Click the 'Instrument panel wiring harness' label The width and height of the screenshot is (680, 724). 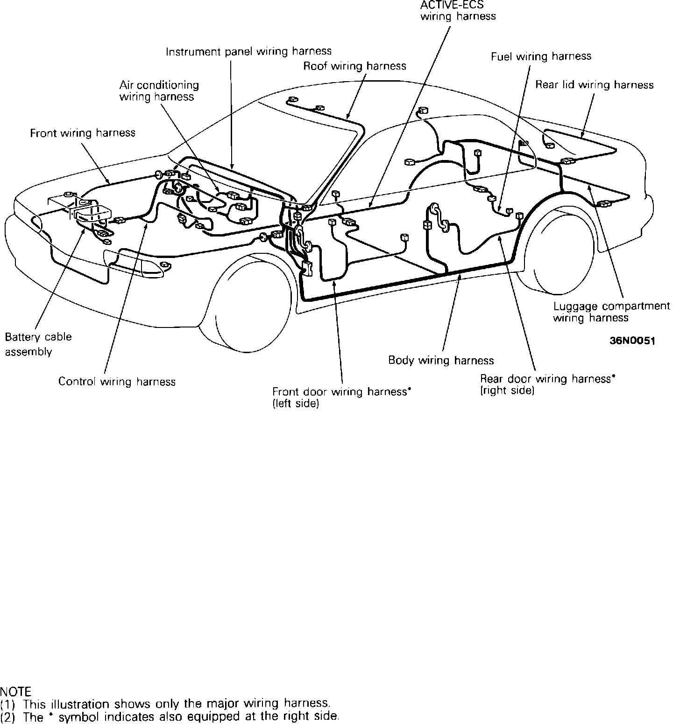click(248, 51)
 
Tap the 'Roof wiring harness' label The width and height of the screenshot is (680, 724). click(354, 66)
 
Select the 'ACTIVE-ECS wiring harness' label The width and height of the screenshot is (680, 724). click(458, 11)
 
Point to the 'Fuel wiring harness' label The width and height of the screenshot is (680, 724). click(541, 56)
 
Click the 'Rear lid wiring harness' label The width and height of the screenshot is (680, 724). click(594, 85)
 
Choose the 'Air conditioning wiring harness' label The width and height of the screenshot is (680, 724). click(159, 91)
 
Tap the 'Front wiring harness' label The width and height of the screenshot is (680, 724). click(83, 133)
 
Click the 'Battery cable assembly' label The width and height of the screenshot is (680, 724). click(38, 344)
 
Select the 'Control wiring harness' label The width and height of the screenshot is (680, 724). click(117, 382)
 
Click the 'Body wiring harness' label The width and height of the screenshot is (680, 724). click(441, 360)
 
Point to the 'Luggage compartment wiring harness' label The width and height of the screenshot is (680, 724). click(611, 312)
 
